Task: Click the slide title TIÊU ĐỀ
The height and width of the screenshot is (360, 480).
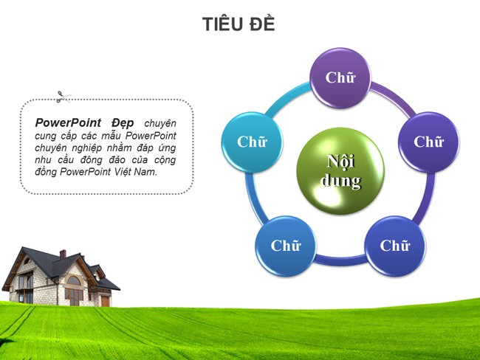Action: coord(239,24)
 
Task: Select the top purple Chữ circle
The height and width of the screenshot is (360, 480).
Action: coord(340,78)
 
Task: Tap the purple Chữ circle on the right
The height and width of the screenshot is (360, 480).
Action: coord(428,142)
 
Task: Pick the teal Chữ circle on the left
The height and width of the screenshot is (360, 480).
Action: coord(252,142)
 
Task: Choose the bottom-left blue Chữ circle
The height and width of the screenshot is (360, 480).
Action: coord(285,246)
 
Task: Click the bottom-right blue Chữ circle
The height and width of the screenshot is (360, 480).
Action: coord(395,246)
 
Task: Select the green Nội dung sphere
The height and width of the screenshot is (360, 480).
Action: coord(340,170)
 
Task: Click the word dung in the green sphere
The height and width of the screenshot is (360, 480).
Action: coord(340,181)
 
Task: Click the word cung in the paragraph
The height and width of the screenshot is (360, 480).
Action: coord(47,135)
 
